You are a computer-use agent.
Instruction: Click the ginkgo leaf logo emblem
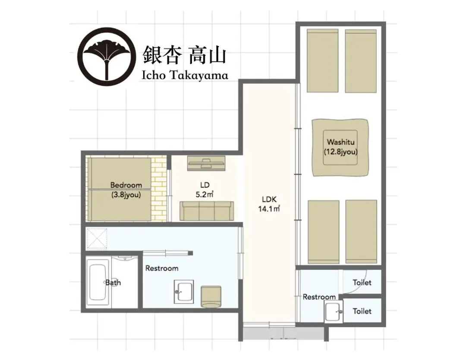coord(106,56)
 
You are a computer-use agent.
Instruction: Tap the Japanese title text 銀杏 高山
coord(184,55)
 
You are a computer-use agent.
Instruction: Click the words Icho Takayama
coord(185,75)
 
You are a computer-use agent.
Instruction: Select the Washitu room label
coord(340,142)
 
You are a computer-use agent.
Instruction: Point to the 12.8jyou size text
coord(340,152)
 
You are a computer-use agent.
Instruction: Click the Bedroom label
coord(126,185)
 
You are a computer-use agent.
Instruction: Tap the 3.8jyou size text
coord(126,195)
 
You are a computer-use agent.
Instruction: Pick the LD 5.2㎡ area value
coord(205,195)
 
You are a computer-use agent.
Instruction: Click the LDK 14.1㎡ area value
coord(269,208)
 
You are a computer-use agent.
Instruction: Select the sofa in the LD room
coord(207,211)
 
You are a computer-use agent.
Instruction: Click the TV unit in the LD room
coord(206,164)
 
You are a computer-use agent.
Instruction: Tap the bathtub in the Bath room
coord(98,283)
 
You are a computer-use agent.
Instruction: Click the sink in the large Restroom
coord(184,292)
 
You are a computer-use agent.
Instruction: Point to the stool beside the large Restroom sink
coord(211,297)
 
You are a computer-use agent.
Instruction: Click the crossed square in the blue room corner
coord(97,238)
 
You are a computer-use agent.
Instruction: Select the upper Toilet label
coord(362,282)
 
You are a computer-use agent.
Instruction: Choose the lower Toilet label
coord(362,311)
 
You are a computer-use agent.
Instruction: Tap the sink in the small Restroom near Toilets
coord(334,311)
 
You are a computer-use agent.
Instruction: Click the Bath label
coord(113,282)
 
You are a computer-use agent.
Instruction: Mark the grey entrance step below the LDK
coord(283,333)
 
